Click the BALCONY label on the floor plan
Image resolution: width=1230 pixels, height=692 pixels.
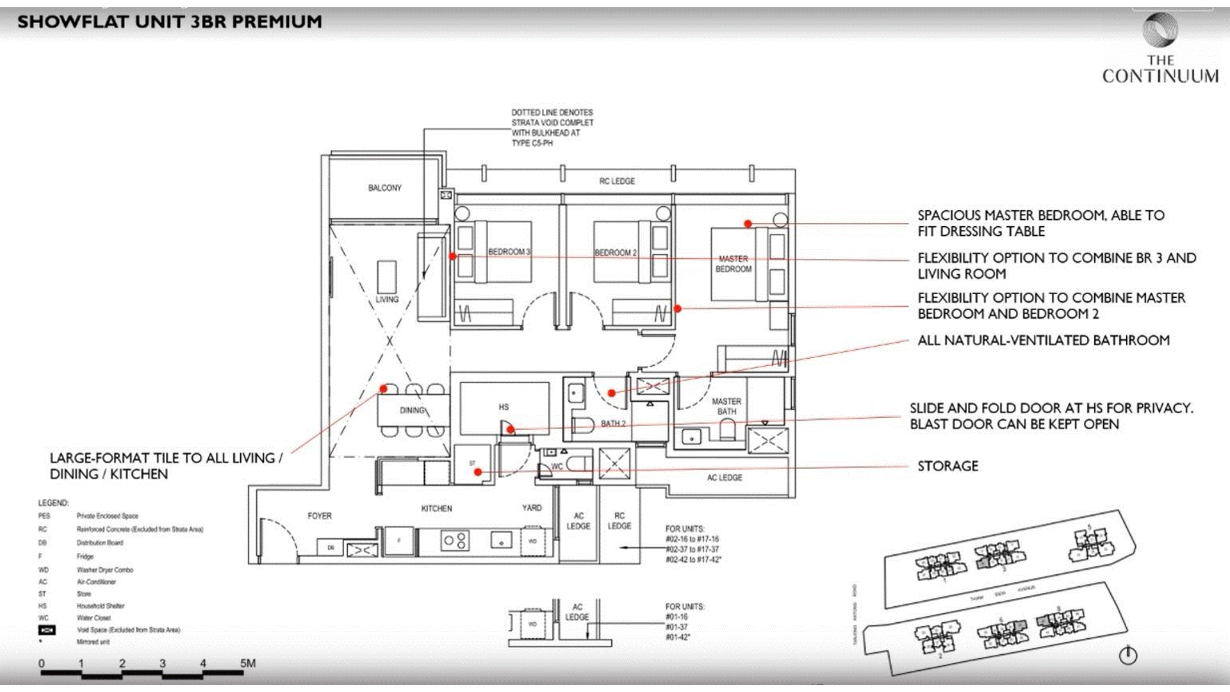click(384, 188)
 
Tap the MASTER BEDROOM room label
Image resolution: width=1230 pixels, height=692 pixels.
click(734, 264)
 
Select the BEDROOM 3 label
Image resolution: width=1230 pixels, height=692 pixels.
click(509, 252)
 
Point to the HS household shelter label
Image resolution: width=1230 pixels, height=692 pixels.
click(504, 407)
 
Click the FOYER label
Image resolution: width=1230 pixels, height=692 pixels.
click(319, 516)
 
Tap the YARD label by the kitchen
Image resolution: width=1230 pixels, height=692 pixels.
click(532, 508)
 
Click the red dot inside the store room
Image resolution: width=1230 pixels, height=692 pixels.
click(477, 472)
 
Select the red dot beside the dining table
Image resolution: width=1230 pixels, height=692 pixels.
click(384, 388)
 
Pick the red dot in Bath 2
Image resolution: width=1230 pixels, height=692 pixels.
click(612, 393)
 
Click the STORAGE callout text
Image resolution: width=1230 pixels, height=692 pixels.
click(947, 466)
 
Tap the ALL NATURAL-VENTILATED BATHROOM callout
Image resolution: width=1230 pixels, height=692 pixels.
click(1043, 340)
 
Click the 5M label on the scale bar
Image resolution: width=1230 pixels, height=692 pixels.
click(247, 663)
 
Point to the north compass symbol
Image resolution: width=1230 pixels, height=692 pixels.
click(1127, 655)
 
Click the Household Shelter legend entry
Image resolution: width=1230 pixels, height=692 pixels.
click(100, 605)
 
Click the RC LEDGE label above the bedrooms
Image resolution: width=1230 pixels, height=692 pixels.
click(617, 181)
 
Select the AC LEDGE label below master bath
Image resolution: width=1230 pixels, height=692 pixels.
click(725, 478)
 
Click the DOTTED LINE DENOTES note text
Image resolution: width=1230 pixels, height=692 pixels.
click(552, 113)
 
